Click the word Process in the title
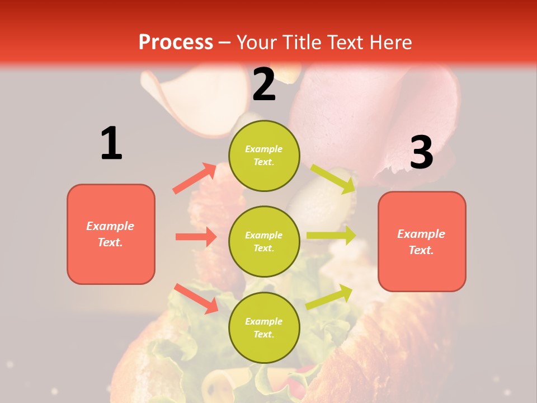(176, 42)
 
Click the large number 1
(111, 143)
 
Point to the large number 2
(264, 85)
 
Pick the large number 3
(421, 152)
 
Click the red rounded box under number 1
(111, 234)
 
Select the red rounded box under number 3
(422, 241)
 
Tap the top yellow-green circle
(264, 155)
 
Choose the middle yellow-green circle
(264, 241)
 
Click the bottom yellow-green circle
(264, 327)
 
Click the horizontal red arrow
(196, 237)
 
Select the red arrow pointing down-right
(196, 298)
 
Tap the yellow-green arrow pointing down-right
(333, 179)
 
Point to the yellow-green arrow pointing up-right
(329, 297)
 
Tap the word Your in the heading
(257, 42)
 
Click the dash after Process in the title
(224, 43)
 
